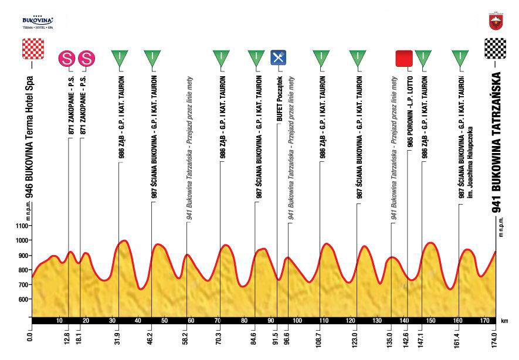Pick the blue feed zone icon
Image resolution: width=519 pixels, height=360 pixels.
pyautogui.click(x=278, y=57)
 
